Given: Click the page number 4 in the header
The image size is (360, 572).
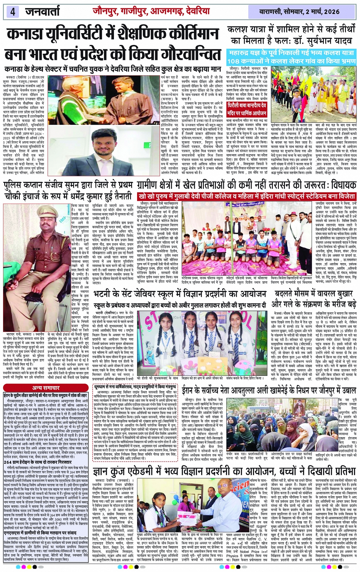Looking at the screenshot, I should [13, 11].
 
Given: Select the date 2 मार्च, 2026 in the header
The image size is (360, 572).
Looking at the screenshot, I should [320, 11].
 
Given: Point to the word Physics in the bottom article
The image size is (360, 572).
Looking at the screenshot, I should [232, 556].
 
